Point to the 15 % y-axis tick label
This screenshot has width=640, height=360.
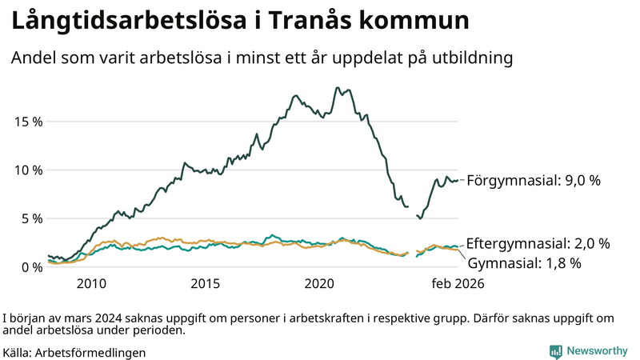point(28,122)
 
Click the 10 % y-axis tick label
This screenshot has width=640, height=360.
point(28,170)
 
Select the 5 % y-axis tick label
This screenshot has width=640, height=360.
point(31,218)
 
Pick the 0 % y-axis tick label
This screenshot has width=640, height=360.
point(31,267)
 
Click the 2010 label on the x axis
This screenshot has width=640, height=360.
point(91,284)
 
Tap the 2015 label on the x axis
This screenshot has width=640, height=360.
point(206,284)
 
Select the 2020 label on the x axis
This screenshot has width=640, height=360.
point(320,284)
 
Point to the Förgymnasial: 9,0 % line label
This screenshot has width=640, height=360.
point(533,181)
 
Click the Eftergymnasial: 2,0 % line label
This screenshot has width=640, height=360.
point(538,243)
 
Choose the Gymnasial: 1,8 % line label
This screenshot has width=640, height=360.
point(524,262)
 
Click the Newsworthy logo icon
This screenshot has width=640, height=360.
point(555,351)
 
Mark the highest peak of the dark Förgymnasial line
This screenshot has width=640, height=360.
point(338,88)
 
